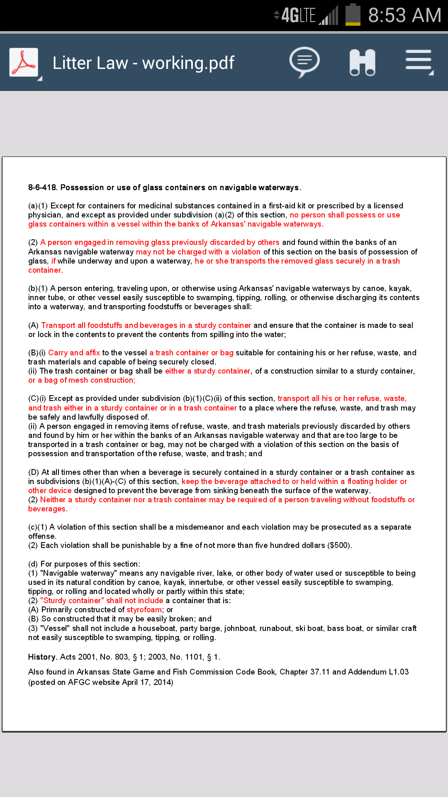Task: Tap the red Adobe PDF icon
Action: [24, 63]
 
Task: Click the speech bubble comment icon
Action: [304, 62]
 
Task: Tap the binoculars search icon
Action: [362, 63]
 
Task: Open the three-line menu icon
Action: [419, 62]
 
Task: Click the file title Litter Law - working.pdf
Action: [143, 63]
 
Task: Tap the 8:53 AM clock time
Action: [404, 16]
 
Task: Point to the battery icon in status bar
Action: [353, 15]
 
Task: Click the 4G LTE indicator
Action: [298, 16]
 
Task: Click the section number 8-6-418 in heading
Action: [43, 188]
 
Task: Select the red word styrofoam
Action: [144, 610]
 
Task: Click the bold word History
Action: [42, 657]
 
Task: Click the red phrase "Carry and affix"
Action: [74, 353]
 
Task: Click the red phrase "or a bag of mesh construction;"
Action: [82, 380]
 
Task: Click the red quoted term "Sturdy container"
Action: [72, 601]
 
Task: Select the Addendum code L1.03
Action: [399, 672]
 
